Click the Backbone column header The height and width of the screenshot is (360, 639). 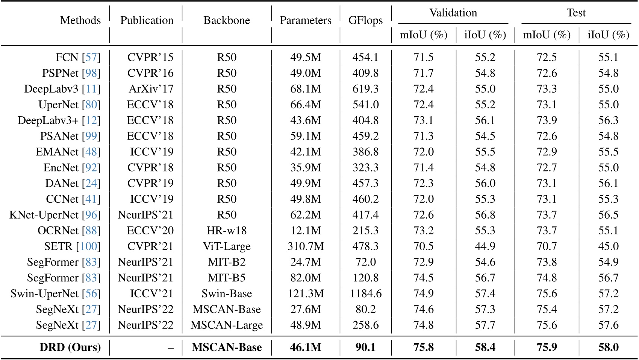[x=227, y=20]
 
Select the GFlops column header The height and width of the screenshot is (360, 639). [x=365, y=20]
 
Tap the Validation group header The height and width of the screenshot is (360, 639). [x=453, y=13]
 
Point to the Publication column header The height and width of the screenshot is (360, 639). [x=147, y=20]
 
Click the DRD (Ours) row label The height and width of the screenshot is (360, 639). [x=70, y=347]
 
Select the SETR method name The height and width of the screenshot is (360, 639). [x=58, y=246]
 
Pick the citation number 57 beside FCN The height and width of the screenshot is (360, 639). [x=91, y=58]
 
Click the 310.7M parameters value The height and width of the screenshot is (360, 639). [x=306, y=246]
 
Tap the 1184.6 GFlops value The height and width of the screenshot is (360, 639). [x=366, y=293]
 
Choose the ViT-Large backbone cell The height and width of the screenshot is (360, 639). [x=227, y=246]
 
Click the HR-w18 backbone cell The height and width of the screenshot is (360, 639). [x=227, y=231]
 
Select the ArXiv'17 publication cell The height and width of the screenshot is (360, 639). [x=151, y=89]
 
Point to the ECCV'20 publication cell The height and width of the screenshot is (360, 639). [x=150, y=231]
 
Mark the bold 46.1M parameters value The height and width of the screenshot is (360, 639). [x=306, y=347]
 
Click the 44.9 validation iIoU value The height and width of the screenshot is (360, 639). [x=485, y=246]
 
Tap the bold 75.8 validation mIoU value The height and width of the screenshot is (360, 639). [x=424, y=347]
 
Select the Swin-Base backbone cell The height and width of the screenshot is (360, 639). [x=227, y=293]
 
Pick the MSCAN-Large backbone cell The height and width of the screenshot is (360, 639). [x=227, y=325]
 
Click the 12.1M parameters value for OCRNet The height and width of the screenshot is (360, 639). [x=306, y=231]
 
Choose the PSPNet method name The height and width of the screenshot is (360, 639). [x=60, y=73]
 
